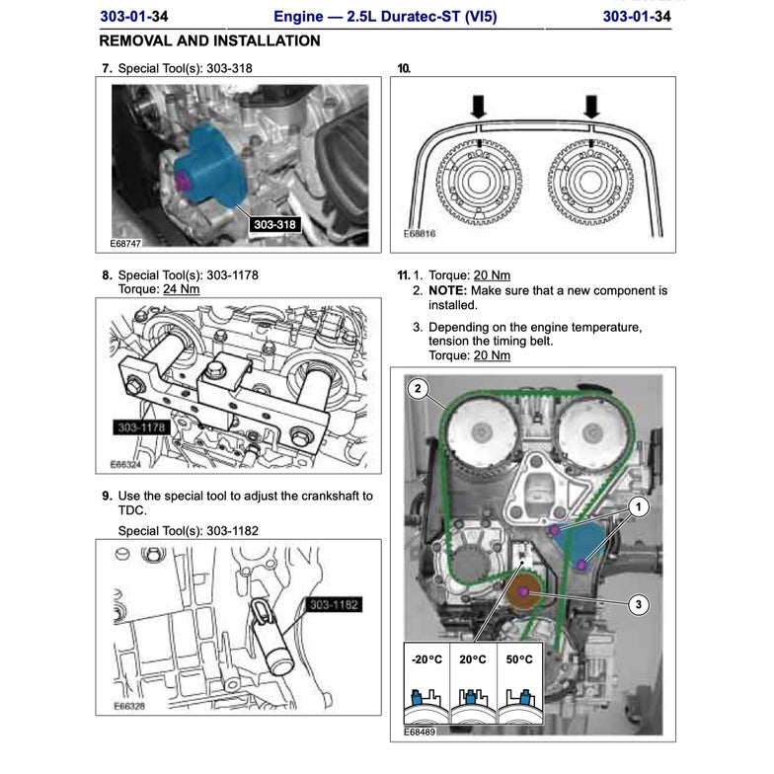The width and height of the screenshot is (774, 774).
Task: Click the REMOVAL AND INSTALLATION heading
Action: pos(210,41)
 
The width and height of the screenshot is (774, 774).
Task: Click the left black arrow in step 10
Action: pos(478,106)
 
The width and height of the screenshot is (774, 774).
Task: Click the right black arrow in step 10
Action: pos(591,106)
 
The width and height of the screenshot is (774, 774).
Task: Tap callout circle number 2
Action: pos(418,389)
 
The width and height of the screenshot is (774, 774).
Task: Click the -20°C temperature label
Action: pos(425,658)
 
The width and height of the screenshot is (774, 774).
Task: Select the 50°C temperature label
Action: pos(518,658)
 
